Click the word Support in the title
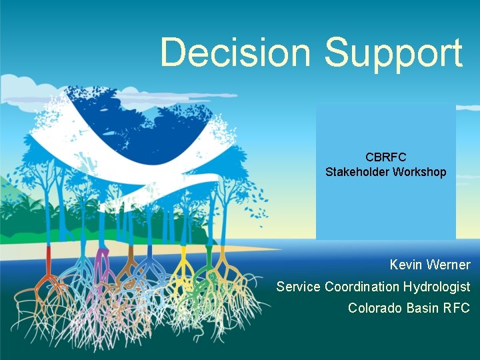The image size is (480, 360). tap(393, 53)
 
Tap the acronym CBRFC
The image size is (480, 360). tap(385, 157)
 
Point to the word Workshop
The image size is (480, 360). tap(419, 172)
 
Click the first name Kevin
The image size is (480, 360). tap(407, 265)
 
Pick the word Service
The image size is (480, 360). tap(298, 287)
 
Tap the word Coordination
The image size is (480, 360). tap(362, 287)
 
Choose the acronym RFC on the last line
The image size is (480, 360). tap(458, 308)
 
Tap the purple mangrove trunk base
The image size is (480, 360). tap(102, 257)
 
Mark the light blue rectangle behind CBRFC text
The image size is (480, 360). tap(385, 207)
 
